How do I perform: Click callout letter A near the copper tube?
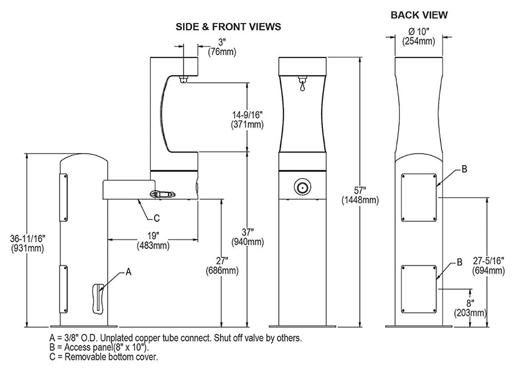[128, 273]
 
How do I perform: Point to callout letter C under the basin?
[157, 217]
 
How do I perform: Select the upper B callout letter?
[464, 169]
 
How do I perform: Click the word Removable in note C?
[79, 357]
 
